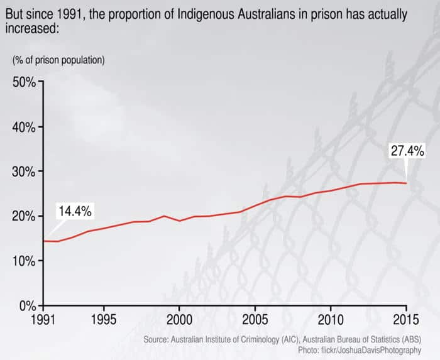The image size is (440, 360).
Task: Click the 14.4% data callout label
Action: [x=75, y=211]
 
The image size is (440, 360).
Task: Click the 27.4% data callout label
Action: [x=407, y=151]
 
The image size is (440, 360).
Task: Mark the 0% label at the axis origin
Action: [x=27, y=305]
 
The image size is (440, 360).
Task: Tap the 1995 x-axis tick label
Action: [x=104, y=319]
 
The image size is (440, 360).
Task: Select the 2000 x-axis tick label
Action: [x=179, y=319]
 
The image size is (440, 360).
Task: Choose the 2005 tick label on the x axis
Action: [x=255, y=319]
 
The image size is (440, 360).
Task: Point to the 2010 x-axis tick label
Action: [x=330, y=319]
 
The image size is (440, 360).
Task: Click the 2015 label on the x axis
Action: [x=405, y=319]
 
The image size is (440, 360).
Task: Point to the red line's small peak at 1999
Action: [x=164, y=216]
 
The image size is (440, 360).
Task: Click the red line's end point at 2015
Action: [x=406, y=183]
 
